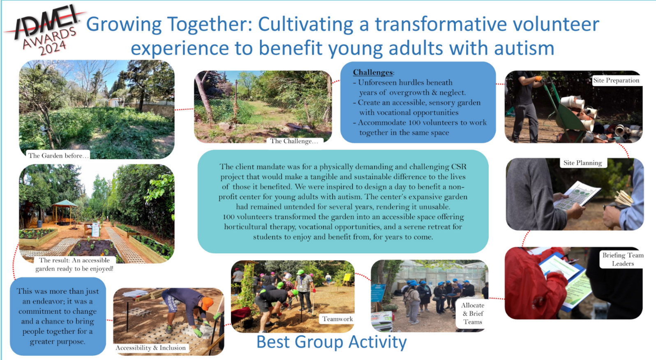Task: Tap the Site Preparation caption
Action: tap(616, 80)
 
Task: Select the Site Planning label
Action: tap(582, 163)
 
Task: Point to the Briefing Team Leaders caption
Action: tap(623, 259)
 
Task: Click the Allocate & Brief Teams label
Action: tap(472, 314)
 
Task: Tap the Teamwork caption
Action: tap(337, 319)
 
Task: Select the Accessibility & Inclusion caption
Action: tap(150, 348)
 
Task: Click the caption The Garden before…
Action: tap(58, 155)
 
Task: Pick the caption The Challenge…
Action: tap(294, 141)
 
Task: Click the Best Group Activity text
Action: tap(332, 342)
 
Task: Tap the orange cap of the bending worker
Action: tap(207, 303)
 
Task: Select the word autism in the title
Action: tap(524, 48)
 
